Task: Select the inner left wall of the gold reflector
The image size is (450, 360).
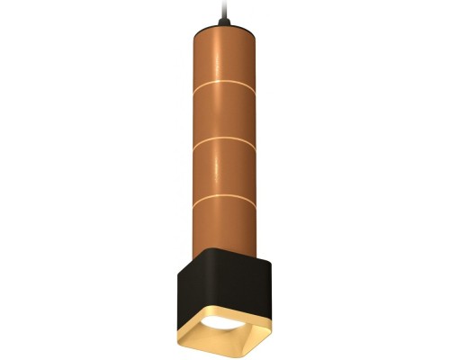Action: click(x=200, y=329)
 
